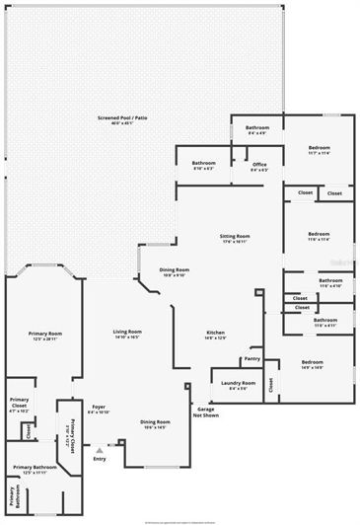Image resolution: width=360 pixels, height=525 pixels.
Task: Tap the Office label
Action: [x=259, y=164]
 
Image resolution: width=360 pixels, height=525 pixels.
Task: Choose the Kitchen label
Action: [x=216, y=332]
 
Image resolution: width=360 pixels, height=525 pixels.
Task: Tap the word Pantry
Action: [x=252, y=360]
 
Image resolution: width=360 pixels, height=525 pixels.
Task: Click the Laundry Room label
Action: [x=238, y=382]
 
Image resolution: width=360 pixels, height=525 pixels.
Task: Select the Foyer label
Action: [x=100, y=406]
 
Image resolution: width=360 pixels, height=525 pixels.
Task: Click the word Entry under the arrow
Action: [x=99, y=458]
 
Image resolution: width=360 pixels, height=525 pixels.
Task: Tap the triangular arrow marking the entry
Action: [x=99, y=449]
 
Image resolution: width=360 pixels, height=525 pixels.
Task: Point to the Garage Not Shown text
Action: [x=205, y=412]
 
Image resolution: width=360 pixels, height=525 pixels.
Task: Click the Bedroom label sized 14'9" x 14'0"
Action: [x=312, y=362]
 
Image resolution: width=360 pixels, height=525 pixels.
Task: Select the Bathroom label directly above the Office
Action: [x=257, y=127]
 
